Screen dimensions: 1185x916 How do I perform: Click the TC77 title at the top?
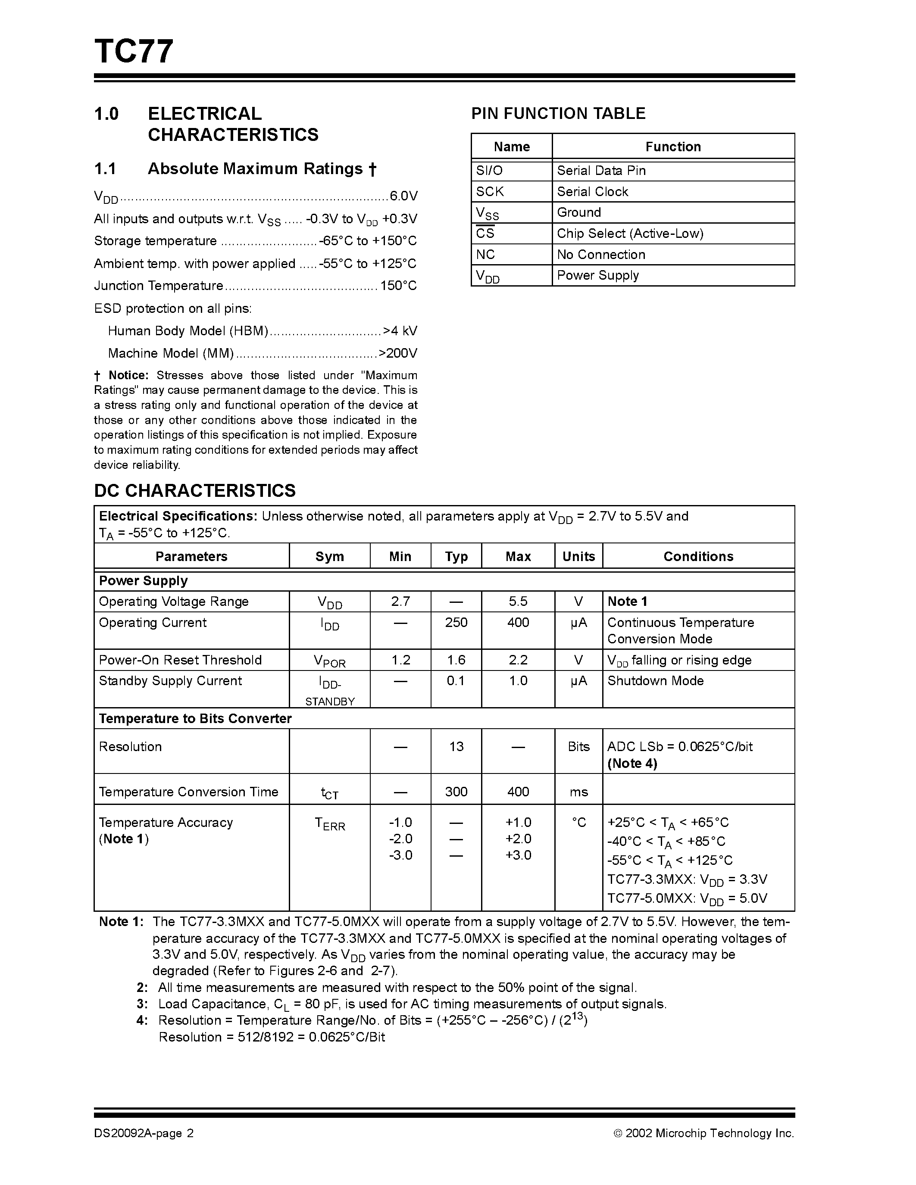[134, 52]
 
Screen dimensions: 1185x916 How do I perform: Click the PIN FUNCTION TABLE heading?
[558, 113]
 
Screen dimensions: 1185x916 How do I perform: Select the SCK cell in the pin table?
[490, 191]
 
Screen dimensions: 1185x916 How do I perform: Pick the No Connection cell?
[601, 255]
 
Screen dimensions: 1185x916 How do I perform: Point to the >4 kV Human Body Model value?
[400, 331]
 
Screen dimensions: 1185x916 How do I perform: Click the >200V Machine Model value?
[398, 354]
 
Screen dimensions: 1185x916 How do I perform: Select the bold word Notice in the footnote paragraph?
[128, 375]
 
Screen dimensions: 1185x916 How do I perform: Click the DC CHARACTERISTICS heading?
[195, 490]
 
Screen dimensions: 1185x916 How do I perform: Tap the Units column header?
[578, 556]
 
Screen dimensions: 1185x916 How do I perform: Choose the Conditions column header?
[698, 556]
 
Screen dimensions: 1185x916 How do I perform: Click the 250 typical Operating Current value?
[456, 622]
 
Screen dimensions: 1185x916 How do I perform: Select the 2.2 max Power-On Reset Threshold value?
[518, 660]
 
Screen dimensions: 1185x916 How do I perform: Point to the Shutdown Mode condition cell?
[655, 681]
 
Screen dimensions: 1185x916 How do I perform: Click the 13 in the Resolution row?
[456, 747]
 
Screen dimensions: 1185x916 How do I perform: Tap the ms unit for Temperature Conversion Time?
[578, 792]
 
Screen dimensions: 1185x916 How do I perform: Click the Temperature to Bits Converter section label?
[195, 718]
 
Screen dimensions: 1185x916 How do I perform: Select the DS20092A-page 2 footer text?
[144, 1133]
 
